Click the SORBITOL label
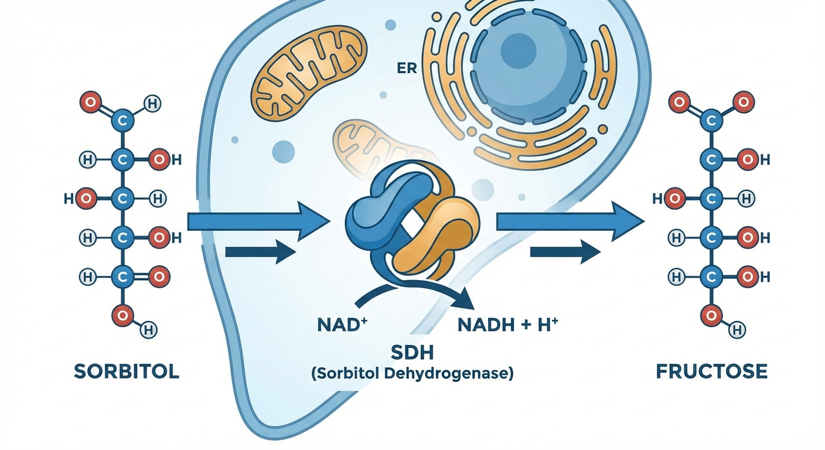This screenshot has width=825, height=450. coord(127,371)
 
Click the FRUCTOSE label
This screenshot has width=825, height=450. coord(711,371)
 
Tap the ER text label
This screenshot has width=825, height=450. coord(407,69)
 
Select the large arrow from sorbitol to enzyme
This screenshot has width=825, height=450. coord(258,222)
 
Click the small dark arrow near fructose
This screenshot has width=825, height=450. coord(565,252)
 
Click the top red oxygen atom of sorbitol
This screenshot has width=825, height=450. coord(90,103)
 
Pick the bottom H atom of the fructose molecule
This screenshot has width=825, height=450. coord(734,332)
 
